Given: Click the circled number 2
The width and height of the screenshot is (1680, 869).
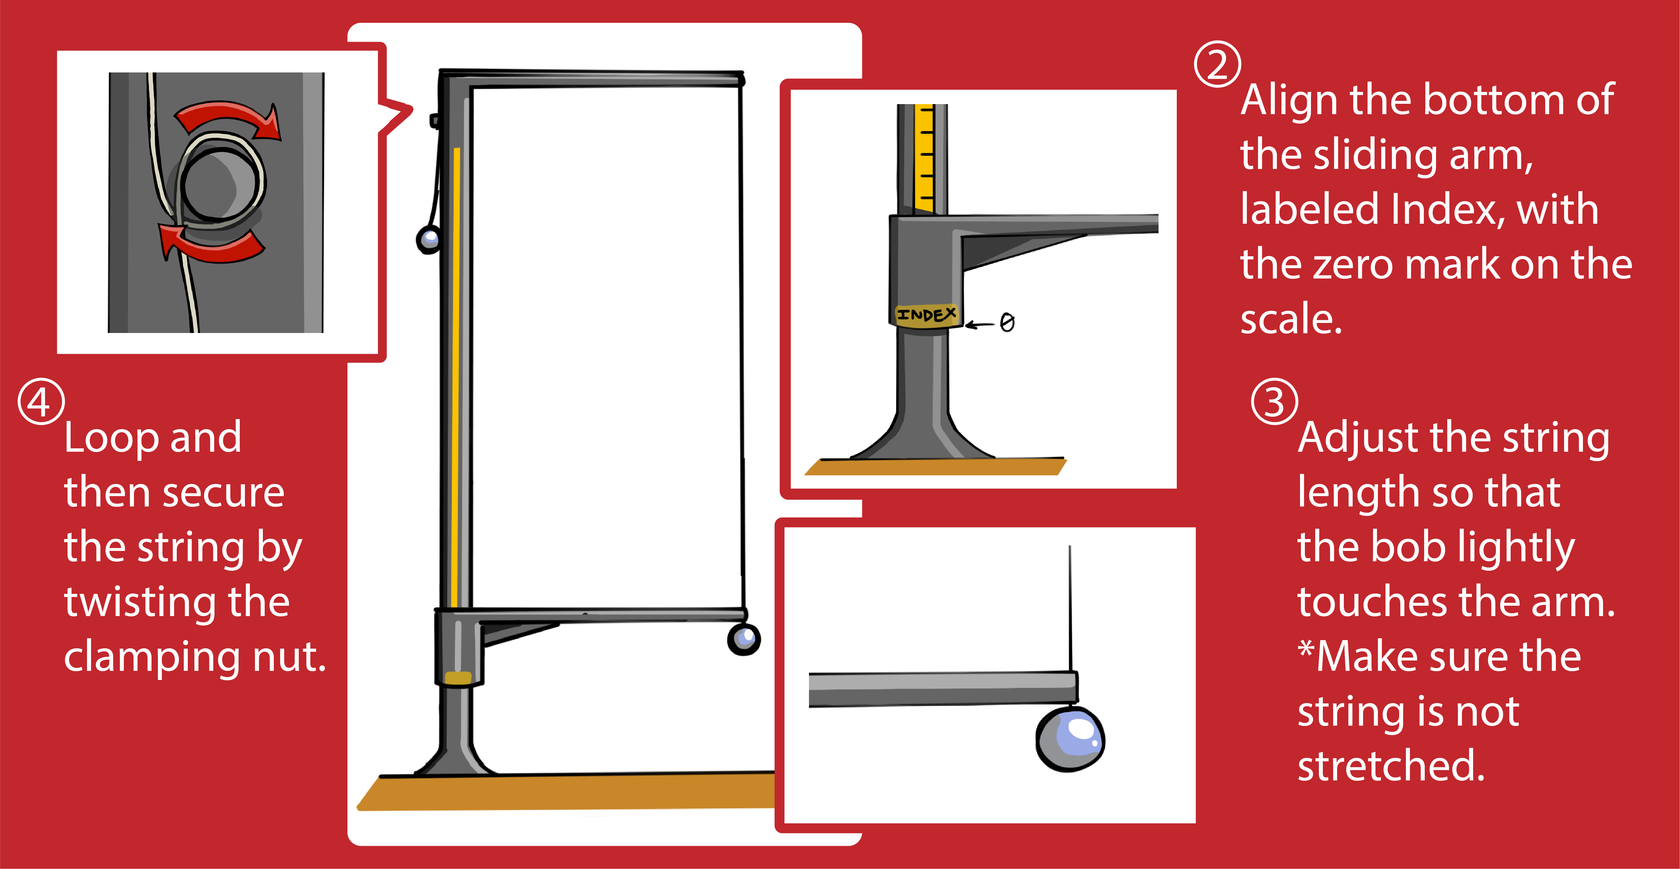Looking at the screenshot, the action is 1217,64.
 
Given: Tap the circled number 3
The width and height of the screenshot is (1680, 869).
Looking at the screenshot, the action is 1274,401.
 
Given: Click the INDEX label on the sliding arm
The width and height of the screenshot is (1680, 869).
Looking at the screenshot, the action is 926,315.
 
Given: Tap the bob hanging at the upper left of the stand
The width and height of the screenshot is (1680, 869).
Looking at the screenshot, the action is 428,240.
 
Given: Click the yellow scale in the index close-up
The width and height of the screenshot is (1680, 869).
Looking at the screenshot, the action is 924,159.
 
